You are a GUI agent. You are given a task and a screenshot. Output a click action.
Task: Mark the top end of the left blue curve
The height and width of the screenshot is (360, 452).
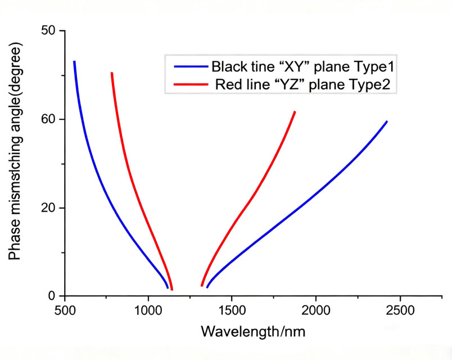tap(74, 62)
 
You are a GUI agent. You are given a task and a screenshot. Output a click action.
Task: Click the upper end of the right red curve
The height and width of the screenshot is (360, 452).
tap(295, 112)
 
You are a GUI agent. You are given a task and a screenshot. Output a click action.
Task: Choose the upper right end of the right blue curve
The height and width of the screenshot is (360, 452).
tap(386, 121)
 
